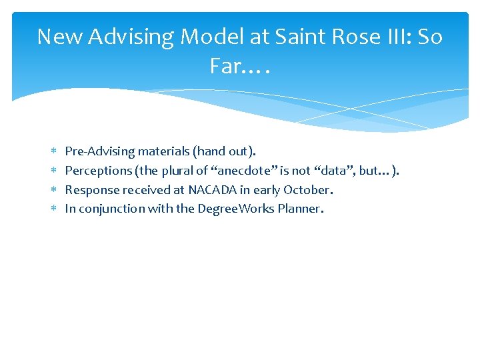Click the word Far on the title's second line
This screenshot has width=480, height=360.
click(225, 66)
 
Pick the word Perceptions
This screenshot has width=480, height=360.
click(99, 171)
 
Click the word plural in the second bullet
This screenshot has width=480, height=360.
click(177, 171)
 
